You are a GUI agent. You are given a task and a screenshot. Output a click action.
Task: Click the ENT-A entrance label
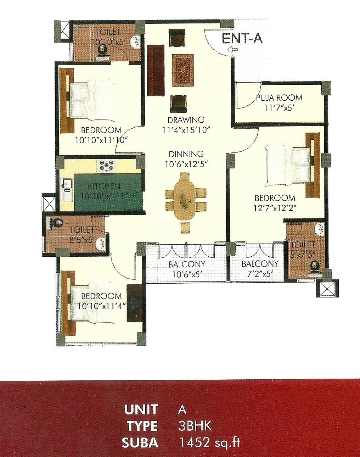[x=242, y=39]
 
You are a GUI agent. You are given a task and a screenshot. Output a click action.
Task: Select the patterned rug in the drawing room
[x=183, y=70]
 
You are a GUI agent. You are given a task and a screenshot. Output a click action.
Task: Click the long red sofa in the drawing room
[x=156, y=71]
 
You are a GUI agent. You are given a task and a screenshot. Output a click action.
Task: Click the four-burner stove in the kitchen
[x=107, y=166]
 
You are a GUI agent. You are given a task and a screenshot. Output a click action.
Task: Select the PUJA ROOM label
[x=279, y=98]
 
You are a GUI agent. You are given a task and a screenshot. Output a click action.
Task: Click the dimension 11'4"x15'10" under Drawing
[x=186, y=130]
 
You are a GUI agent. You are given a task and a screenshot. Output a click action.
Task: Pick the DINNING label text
[x=186, y=154]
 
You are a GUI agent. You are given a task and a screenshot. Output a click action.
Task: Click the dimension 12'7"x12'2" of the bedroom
[x=275, y=208]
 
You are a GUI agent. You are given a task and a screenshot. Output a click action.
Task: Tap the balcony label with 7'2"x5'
[x=260, y=269]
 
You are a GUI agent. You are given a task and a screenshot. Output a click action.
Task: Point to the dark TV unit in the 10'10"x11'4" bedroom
[x=134, y=303]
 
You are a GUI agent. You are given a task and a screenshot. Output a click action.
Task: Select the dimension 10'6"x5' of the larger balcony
[x=187, y=275]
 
